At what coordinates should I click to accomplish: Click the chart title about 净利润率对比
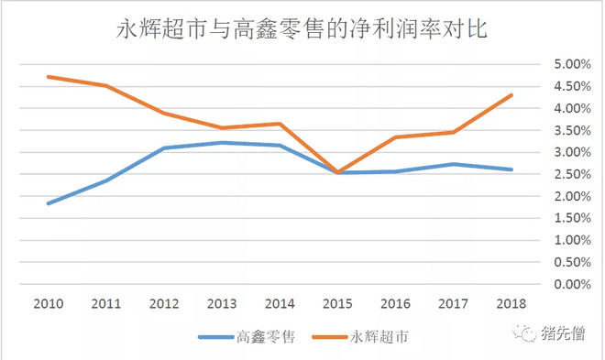point(302,29)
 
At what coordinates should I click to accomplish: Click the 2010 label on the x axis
point(48,302)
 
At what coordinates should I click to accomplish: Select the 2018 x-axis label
point(511,302)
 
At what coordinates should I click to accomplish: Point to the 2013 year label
point(223,302)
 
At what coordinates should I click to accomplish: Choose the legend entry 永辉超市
point(377,336)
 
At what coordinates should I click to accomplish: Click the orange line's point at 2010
point(48,77)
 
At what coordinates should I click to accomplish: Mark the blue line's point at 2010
point(48,203)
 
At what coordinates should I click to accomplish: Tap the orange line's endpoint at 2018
point(511,95)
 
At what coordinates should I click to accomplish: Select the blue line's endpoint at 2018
point(511,169)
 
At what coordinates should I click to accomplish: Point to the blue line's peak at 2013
point(223,142)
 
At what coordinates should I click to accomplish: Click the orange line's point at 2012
point(164,113)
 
